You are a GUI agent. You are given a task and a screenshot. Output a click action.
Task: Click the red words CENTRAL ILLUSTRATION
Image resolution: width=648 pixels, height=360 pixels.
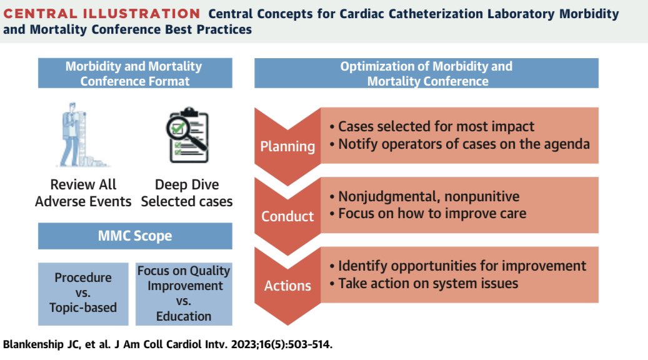102,14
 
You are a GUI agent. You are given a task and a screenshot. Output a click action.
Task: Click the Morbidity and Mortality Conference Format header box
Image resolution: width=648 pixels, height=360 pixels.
134,73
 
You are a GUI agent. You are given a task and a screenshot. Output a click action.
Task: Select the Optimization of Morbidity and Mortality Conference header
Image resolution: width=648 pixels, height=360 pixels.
426,73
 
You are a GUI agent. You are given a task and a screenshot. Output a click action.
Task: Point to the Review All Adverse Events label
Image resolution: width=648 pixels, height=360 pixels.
83,193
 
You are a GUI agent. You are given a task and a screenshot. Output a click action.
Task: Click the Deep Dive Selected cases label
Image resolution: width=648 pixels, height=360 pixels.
186,193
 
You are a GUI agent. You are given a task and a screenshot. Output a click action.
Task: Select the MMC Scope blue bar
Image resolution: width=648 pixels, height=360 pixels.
134,237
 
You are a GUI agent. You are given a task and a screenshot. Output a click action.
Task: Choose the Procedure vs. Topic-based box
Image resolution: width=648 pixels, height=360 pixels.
83,293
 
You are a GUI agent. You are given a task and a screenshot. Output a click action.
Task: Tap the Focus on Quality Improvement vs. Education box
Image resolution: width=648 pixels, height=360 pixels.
184,293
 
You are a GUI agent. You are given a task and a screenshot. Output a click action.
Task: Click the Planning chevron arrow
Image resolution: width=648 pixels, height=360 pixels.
287,147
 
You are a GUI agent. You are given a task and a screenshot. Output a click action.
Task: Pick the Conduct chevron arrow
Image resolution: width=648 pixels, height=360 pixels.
287,216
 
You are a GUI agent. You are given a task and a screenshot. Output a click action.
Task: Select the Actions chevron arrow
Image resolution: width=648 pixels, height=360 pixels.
287,286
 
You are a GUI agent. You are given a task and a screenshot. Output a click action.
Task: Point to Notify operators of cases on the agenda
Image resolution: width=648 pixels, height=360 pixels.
459,144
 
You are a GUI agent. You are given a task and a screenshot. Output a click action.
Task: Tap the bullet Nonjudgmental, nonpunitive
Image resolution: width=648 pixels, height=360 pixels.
424,196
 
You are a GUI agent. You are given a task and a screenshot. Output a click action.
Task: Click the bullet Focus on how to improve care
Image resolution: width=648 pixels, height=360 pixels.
427,213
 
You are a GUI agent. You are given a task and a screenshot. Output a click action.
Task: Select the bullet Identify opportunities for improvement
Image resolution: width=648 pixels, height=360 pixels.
457,266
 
